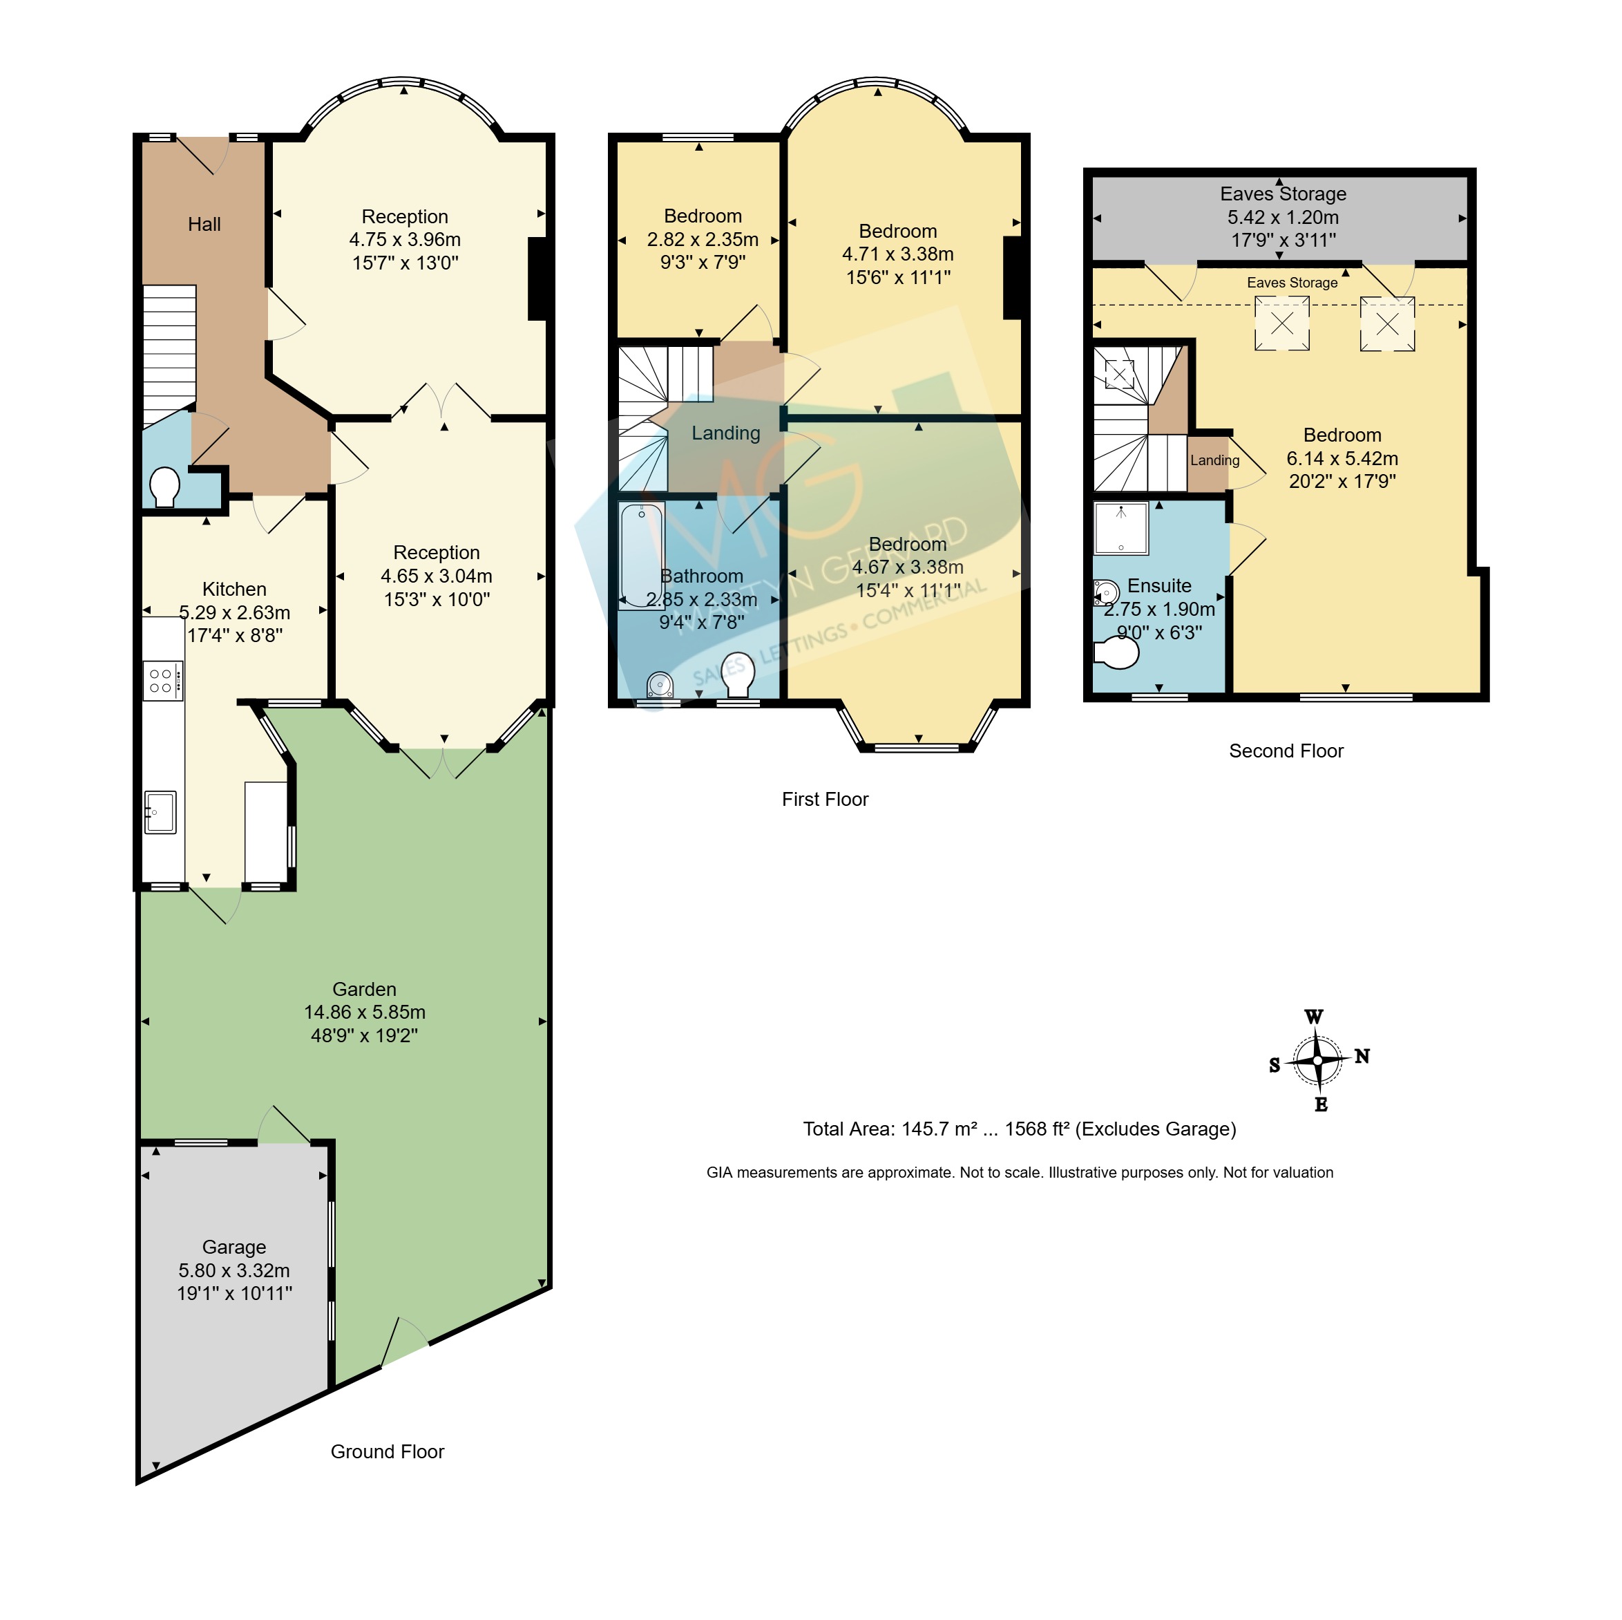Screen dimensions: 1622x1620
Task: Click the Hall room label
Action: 204,224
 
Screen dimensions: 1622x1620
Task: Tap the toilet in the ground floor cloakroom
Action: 164,487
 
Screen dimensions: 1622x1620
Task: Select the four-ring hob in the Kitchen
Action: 163,681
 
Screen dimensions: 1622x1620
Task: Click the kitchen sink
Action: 160,812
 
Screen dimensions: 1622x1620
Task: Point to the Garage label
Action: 234,1247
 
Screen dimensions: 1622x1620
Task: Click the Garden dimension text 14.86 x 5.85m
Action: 364,1012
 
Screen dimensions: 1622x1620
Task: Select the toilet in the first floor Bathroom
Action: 738,675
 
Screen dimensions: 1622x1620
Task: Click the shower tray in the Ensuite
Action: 1120,528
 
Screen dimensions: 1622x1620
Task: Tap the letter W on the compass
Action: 1314,1017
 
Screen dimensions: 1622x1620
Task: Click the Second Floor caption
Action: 1286,751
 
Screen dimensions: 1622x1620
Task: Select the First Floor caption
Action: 826,800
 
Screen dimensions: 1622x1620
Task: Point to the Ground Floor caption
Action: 387,1452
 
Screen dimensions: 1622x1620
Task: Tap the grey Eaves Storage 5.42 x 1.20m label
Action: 1283,217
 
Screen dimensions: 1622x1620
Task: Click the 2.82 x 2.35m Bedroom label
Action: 703,239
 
